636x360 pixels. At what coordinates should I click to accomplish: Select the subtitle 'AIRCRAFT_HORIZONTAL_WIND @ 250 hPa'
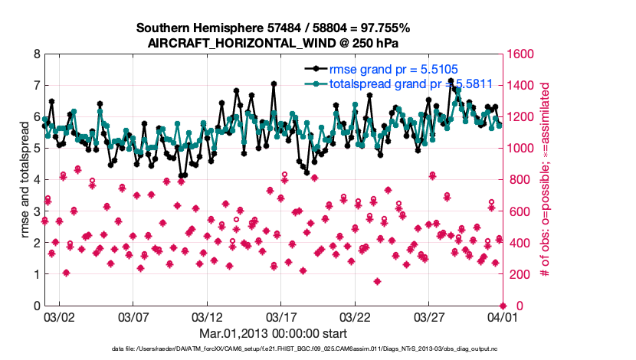click(272, 43)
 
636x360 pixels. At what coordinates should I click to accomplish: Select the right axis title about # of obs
click(546, 180)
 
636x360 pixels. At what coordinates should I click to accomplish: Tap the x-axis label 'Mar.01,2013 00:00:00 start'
click(273, 334)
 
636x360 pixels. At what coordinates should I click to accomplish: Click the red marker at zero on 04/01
click(502, 306)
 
